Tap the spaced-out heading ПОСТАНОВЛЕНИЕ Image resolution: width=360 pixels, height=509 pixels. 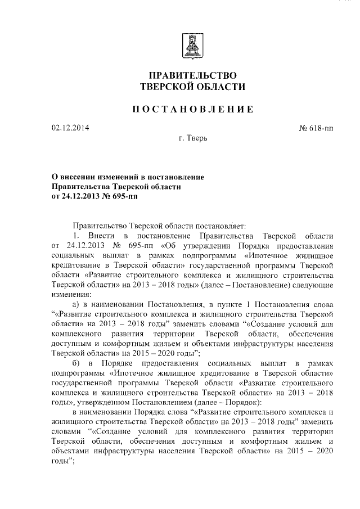[x=192, y=109]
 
